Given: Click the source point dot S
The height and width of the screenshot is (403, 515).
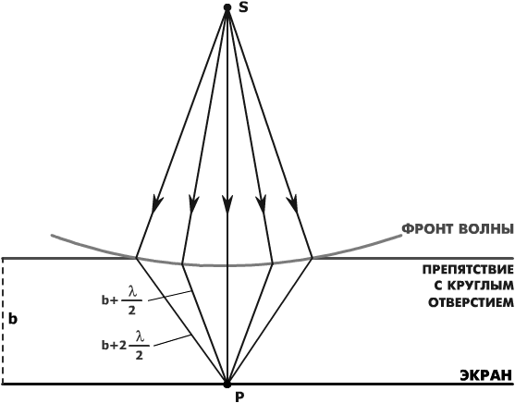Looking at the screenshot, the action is pos(227,7).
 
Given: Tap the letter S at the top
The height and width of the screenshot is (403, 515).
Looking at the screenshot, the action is pos(243,7).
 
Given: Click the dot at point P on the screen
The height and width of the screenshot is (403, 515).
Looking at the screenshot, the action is pos(227,384).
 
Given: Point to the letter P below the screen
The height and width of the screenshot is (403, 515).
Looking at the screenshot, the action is pos(239,397).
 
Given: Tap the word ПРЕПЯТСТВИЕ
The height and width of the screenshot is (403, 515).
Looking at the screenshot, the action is pos(468,270).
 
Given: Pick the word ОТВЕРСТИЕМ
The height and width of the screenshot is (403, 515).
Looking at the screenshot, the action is pos(471,302).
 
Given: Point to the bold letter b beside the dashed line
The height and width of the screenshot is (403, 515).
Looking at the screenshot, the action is pos(13,319).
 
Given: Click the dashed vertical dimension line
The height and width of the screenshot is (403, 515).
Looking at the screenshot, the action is pos(3,321).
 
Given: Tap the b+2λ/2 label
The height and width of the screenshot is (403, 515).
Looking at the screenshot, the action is pos(126,346).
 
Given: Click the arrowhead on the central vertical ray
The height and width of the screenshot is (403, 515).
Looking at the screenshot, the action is pos(227,204).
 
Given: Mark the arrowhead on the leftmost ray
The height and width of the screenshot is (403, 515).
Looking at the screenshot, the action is pos(156,204).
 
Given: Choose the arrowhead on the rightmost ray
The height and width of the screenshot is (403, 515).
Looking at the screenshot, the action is pos(293,204).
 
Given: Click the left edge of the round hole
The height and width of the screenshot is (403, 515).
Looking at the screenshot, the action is pos(136,258).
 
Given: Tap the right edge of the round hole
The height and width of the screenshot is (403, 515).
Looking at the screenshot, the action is pos(312,258).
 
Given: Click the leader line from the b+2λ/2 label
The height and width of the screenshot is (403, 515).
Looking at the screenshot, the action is pos(172,340).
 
